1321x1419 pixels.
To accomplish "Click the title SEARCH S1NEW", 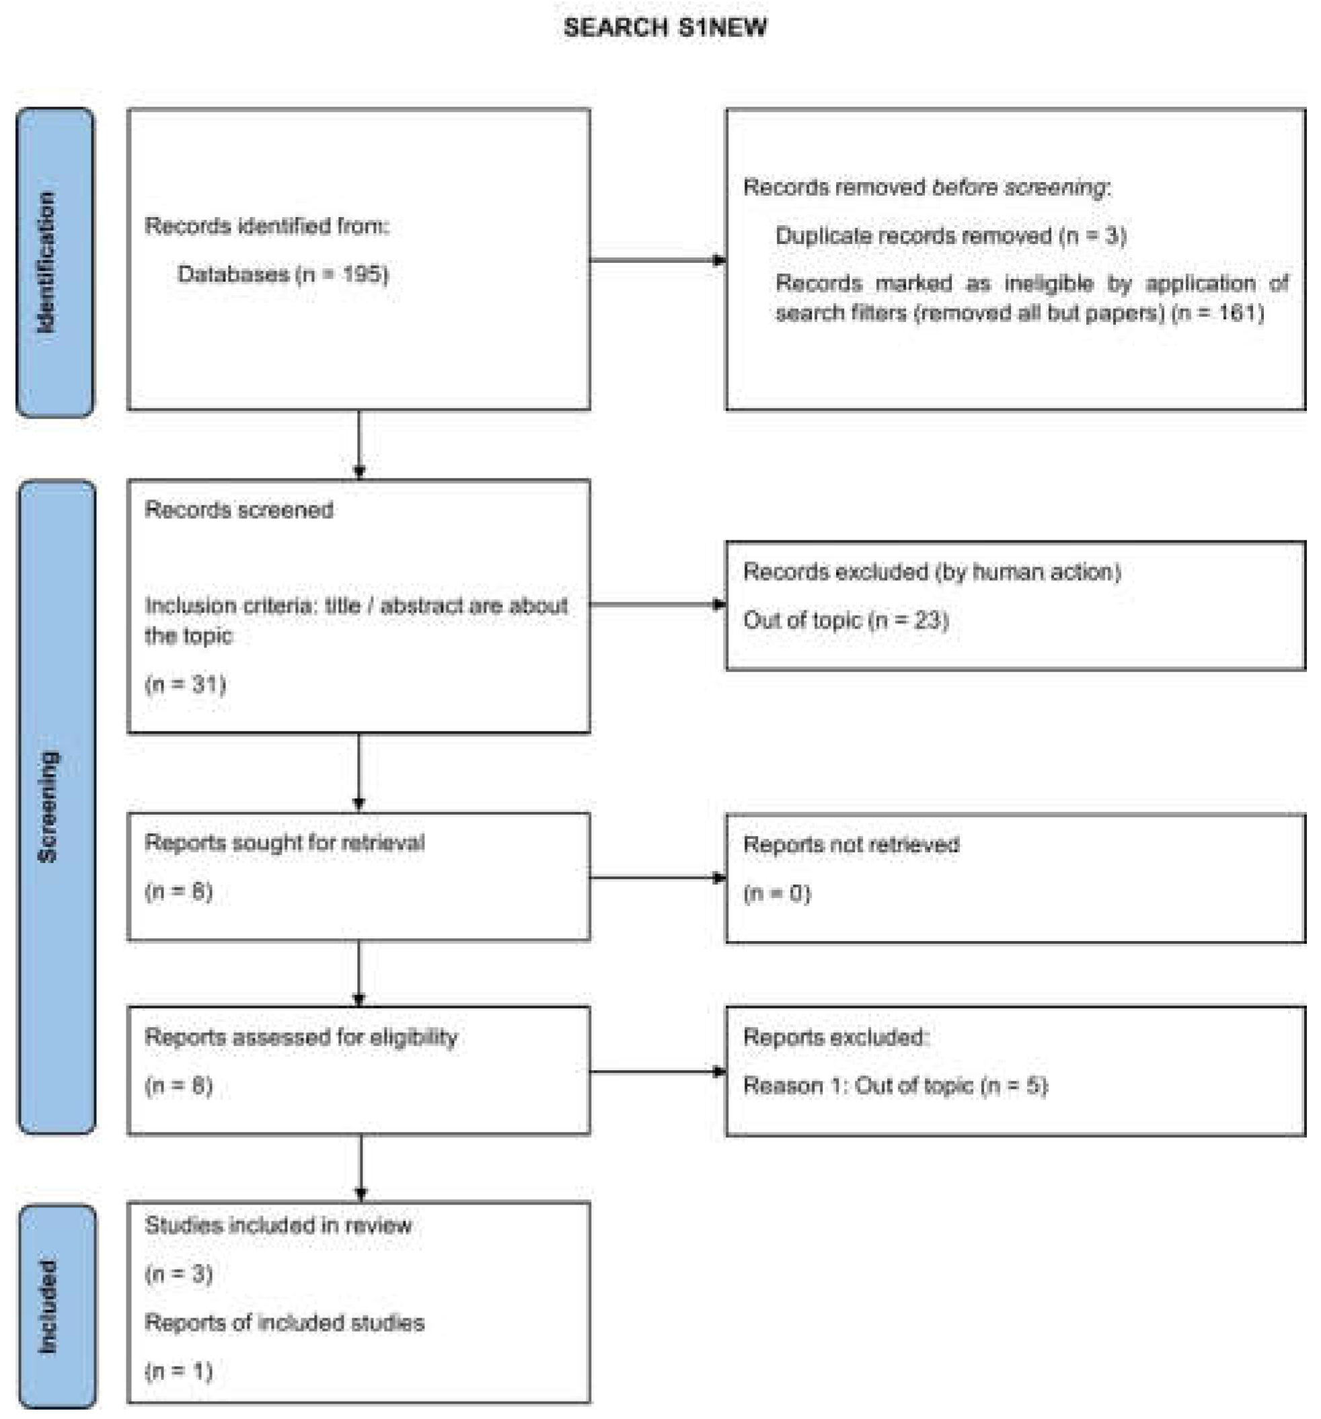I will point(664,28).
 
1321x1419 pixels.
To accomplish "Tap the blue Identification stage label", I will point(54,262).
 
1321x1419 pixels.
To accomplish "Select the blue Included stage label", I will point(56,1305).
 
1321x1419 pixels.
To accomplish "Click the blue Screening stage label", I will point(56,807).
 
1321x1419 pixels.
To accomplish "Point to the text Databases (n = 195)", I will point(282,274).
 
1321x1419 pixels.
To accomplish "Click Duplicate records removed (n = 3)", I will point(950,235).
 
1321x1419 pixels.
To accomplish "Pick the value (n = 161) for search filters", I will point(1217,313).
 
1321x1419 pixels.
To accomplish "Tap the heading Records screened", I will point(239,510).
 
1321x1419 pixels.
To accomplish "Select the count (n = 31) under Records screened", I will point(185,684).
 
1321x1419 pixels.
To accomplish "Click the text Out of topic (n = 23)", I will point(845,620).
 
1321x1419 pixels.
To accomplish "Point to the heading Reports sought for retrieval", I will point(285,842).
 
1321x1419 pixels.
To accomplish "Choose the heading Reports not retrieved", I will point(850,844).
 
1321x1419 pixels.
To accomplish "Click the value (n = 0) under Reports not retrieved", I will point(776,893).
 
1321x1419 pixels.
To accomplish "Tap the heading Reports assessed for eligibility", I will point(301,1037).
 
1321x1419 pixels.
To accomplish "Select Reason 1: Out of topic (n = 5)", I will point(895,1086).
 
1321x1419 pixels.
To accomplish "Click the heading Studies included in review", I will point(278,1225).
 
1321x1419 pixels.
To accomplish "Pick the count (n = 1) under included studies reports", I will point(178,1371).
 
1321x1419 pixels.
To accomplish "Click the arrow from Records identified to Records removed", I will point(657,260).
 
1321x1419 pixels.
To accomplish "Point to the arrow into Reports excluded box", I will point(657,1071).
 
